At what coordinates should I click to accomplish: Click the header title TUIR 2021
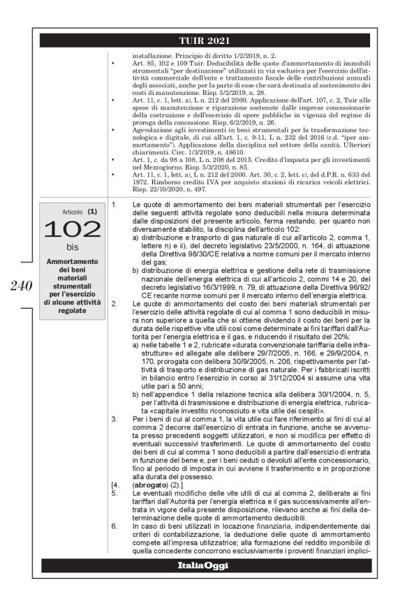coord(202,41)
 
